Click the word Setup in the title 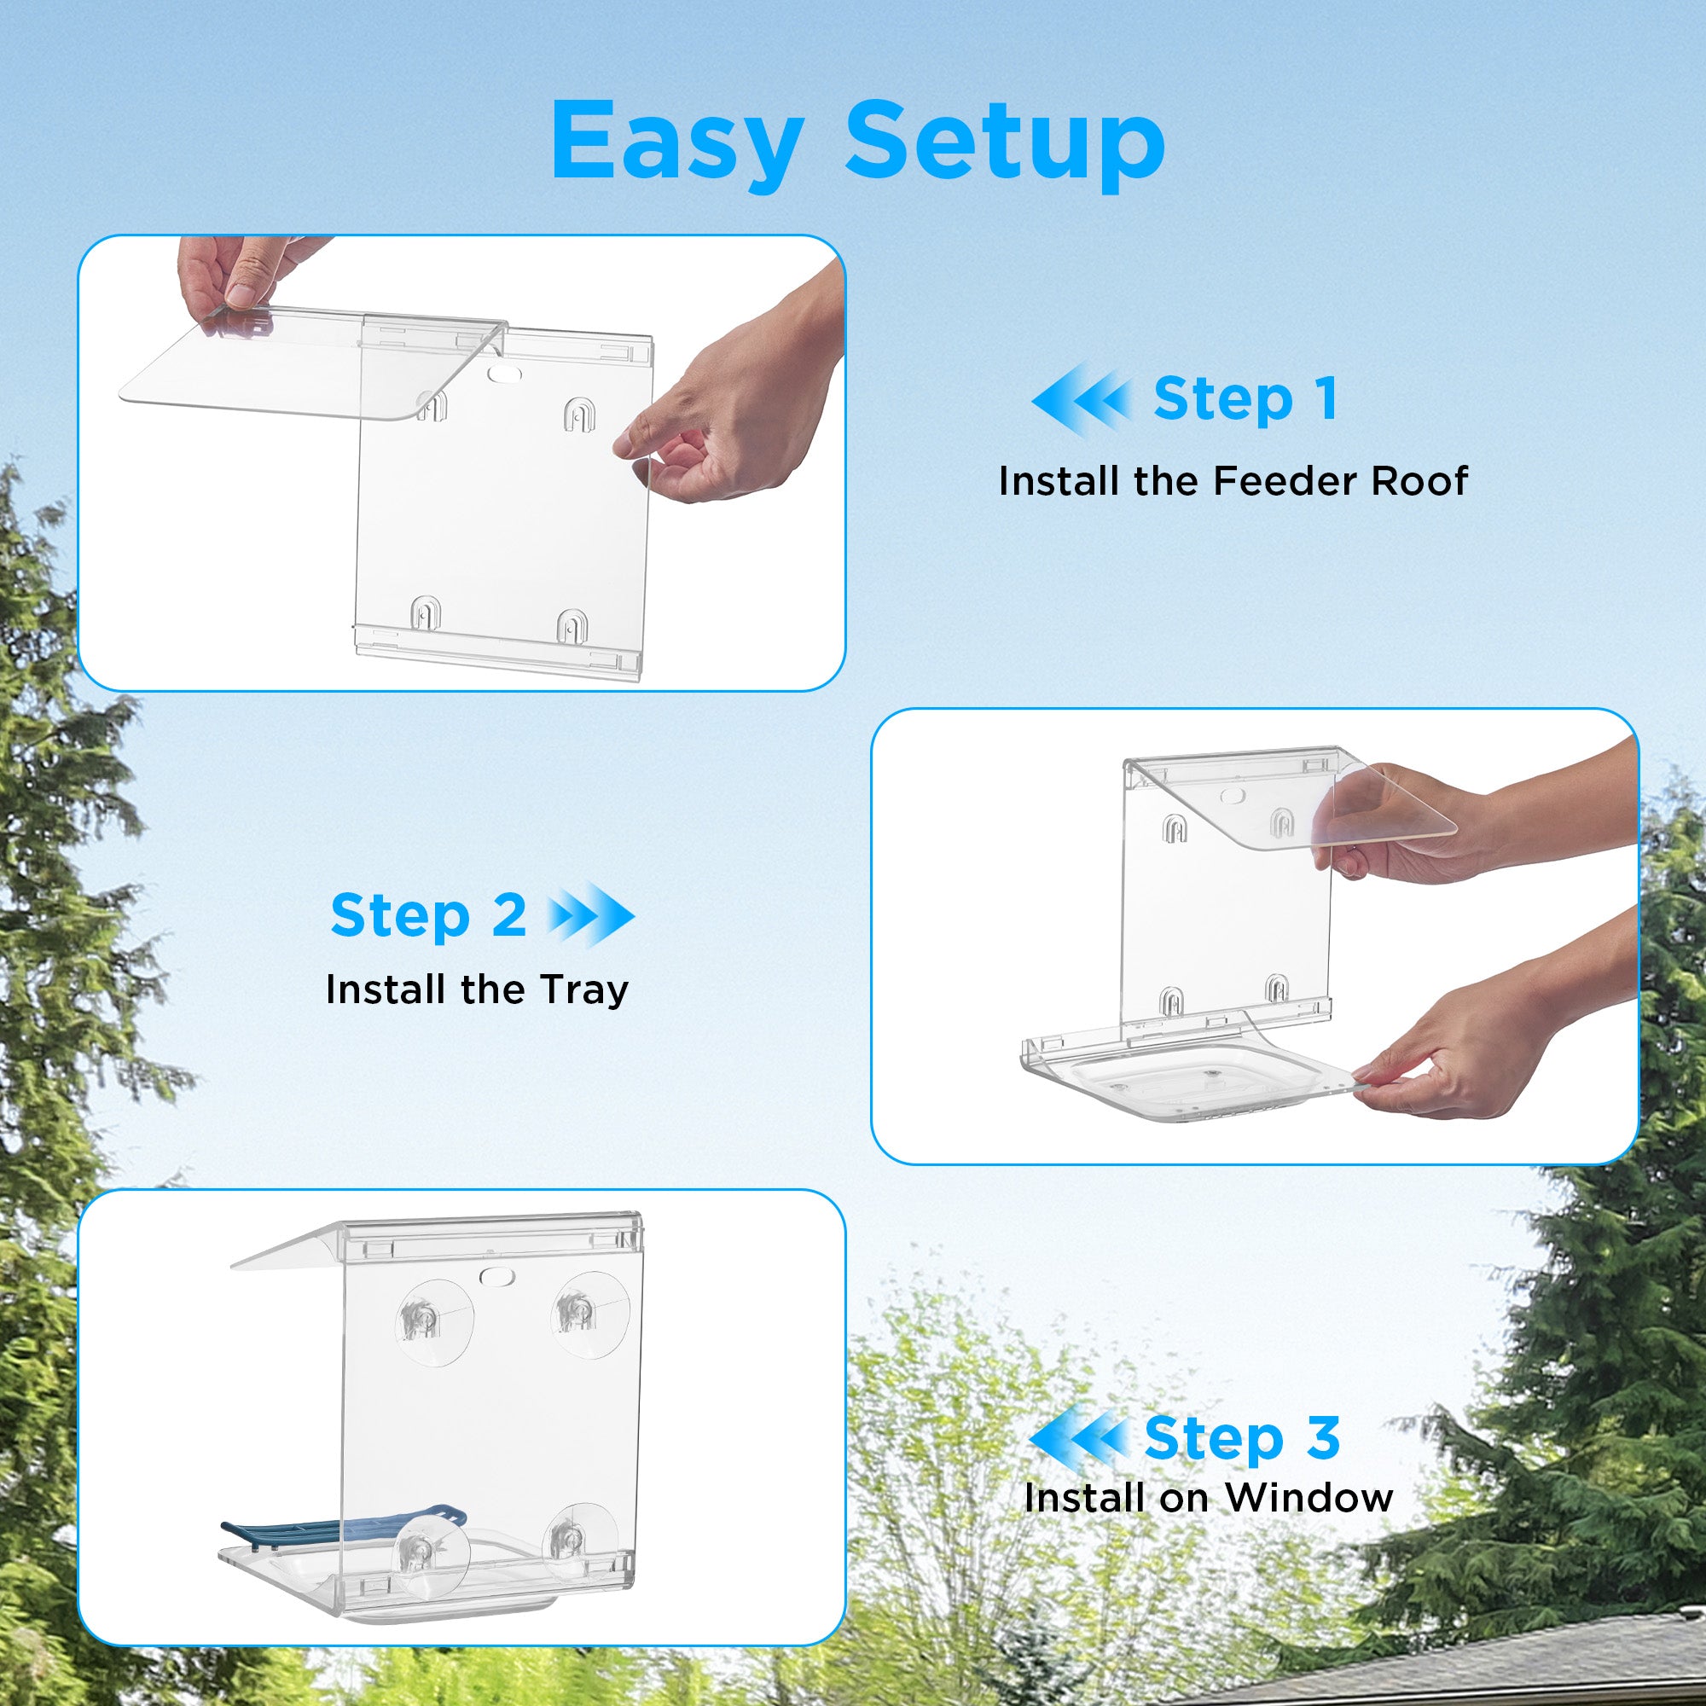coord(1005,142)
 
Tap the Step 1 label coord(1245,399)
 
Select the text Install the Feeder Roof coord(1233,482)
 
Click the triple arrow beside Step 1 coord(1082,399)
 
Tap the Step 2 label coord(428,915)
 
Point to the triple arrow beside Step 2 coord(590,915)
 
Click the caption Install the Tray coord(477,989)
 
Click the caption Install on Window coord(1209,1498)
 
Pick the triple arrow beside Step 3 coord(1079,1438)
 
